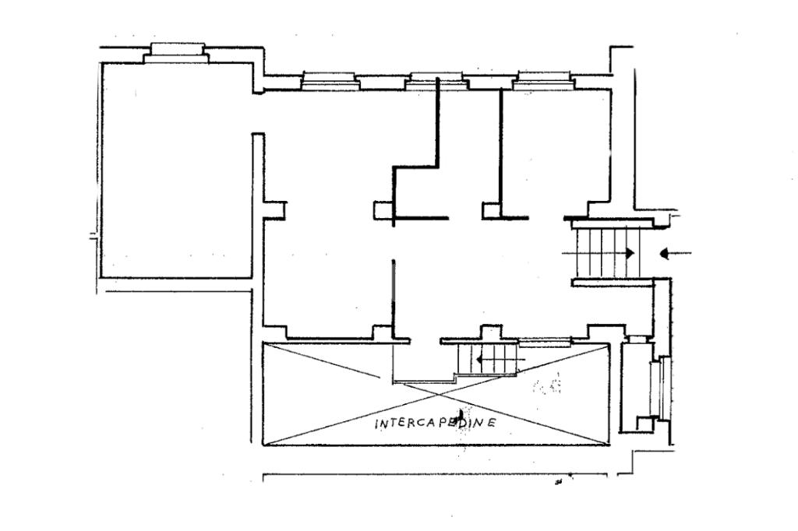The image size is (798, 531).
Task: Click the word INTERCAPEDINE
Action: click(x=436, y=423)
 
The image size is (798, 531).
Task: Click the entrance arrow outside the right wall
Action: click(x=675, y=253)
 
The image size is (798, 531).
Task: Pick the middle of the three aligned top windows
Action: click(x=434, y=78)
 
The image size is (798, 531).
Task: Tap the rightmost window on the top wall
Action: click(x=544, y=78)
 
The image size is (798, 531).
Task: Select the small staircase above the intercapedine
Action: click(x=488, y=360)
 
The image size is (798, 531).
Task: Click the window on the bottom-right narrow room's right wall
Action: click(x=664, y=387)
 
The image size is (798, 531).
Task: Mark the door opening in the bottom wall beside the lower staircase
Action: click(x=425, y=340)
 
